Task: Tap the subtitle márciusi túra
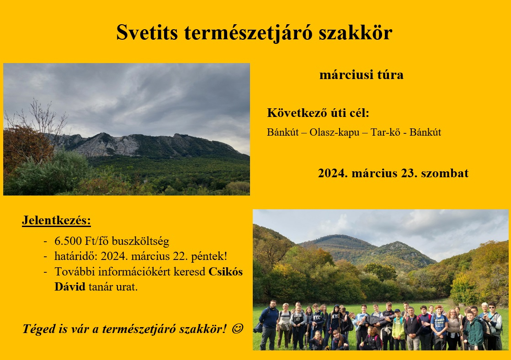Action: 362,74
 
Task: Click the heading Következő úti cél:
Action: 318,113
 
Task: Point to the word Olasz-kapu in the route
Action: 335,132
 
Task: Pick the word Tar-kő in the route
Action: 385,132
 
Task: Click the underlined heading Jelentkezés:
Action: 56,221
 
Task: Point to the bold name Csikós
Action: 225,271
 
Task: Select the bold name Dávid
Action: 70,287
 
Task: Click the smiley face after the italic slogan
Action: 237,329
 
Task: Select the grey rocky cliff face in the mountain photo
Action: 107,145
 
